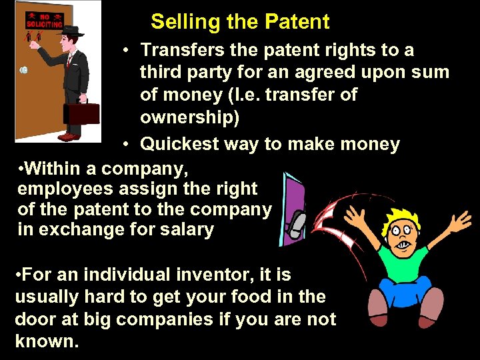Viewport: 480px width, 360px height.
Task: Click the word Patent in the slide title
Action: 297,22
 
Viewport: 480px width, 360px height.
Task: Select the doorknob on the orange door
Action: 24,69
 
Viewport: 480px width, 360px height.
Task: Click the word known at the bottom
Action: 47,342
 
